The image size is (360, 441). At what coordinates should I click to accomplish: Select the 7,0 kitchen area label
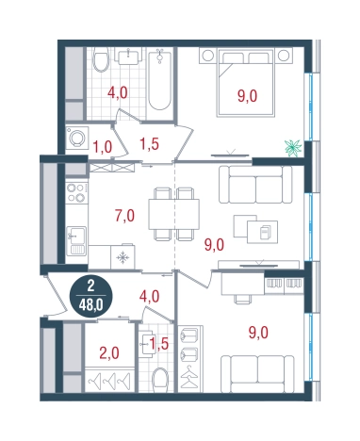click(123, 215)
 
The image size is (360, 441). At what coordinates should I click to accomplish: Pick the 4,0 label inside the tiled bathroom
click(118, 93)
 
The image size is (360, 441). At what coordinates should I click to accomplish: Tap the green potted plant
click(294, 145)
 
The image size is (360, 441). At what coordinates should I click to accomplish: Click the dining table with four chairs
click(174, 209)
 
